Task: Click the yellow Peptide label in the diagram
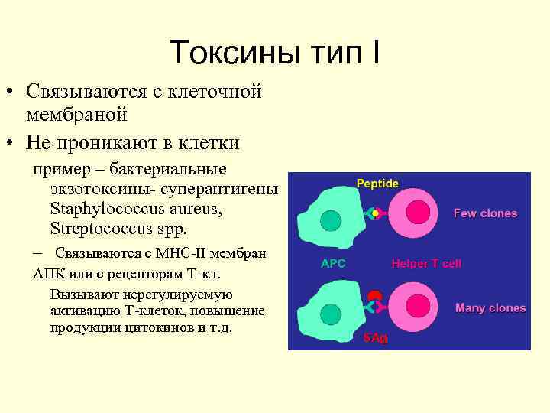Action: [377, 184]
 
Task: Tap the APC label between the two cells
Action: [332, 264]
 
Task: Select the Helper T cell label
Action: [426, 264]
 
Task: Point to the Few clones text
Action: [485, 213]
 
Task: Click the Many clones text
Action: [490, 308]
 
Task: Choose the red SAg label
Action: [375, 337]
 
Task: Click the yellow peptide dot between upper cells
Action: [374, 214]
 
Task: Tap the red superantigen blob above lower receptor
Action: [374, 296]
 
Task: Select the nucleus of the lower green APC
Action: [330, 314]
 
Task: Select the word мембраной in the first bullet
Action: [76, 115]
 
